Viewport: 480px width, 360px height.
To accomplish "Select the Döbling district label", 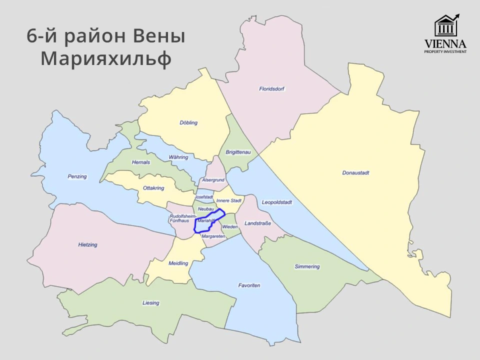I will (188, 122).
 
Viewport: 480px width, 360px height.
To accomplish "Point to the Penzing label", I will (77, 176).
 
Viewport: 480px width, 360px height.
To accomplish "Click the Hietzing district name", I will (87, 245).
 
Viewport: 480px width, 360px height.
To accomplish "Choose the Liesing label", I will (150, 303).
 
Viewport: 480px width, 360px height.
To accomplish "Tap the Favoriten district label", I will (249, 285).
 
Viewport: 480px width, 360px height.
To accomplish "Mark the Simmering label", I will (307, 266).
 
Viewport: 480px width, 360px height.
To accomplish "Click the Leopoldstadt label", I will (276, 202).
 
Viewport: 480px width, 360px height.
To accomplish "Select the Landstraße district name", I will (258, 223).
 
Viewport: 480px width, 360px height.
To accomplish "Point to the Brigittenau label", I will (237, 151).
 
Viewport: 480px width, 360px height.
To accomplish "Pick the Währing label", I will (178, 157).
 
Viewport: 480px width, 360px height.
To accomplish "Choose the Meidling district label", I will (178, 263).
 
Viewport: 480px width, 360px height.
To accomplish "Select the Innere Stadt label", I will (229, 200).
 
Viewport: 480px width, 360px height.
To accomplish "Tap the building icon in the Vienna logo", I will (444, 26).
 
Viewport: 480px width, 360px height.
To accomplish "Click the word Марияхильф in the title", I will (106, 59).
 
